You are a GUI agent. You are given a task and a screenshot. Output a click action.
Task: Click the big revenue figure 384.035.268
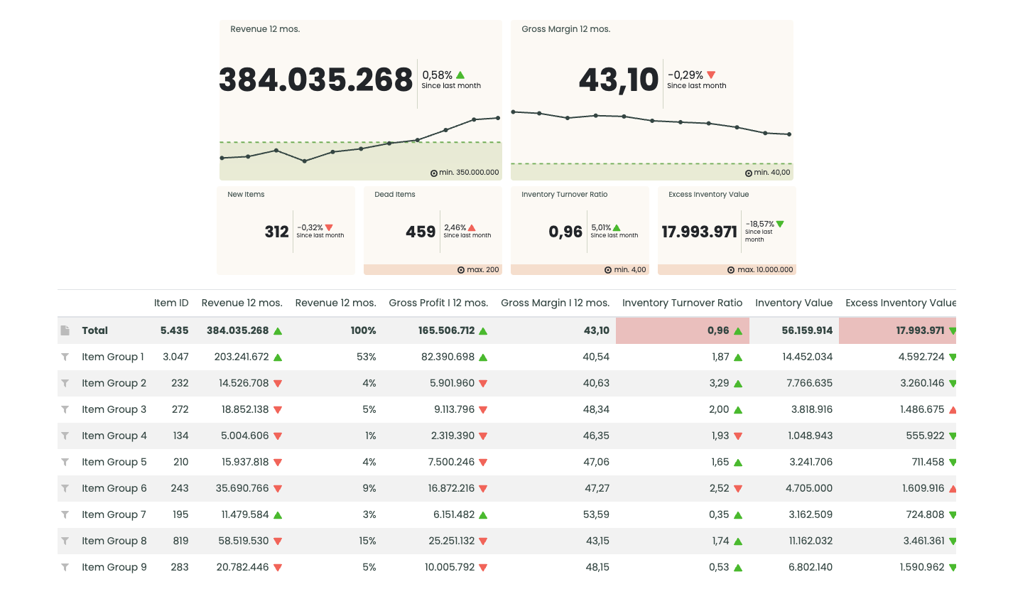point(315,80)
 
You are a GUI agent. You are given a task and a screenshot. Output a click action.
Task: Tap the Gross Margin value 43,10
point(619,80)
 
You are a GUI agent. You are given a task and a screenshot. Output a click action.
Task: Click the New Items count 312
point(276,232)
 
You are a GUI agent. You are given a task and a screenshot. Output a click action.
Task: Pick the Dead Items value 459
point(421,232)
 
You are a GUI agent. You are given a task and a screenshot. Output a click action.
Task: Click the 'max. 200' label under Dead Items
point(482,270)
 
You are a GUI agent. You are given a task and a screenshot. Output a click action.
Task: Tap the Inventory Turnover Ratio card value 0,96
point(565,232)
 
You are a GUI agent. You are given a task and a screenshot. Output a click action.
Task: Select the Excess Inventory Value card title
point(708,194)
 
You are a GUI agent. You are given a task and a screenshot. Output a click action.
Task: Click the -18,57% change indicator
point(760,224)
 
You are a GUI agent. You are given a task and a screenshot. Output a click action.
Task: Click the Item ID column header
point(171,303)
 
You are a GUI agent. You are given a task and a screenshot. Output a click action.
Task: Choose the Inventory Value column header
point(793,303)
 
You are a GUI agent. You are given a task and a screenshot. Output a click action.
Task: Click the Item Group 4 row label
point(114,436)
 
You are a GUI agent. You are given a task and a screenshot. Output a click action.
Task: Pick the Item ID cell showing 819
point(180,541)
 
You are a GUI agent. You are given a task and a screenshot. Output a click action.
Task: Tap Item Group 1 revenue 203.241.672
point(242,357)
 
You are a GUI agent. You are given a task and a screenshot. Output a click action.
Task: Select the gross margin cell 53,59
point(596,514)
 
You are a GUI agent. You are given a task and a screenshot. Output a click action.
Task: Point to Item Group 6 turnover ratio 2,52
point(719,488)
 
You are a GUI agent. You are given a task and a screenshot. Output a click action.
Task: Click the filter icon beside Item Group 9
point(65,567)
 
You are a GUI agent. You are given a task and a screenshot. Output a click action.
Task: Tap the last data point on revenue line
point(498,118)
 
